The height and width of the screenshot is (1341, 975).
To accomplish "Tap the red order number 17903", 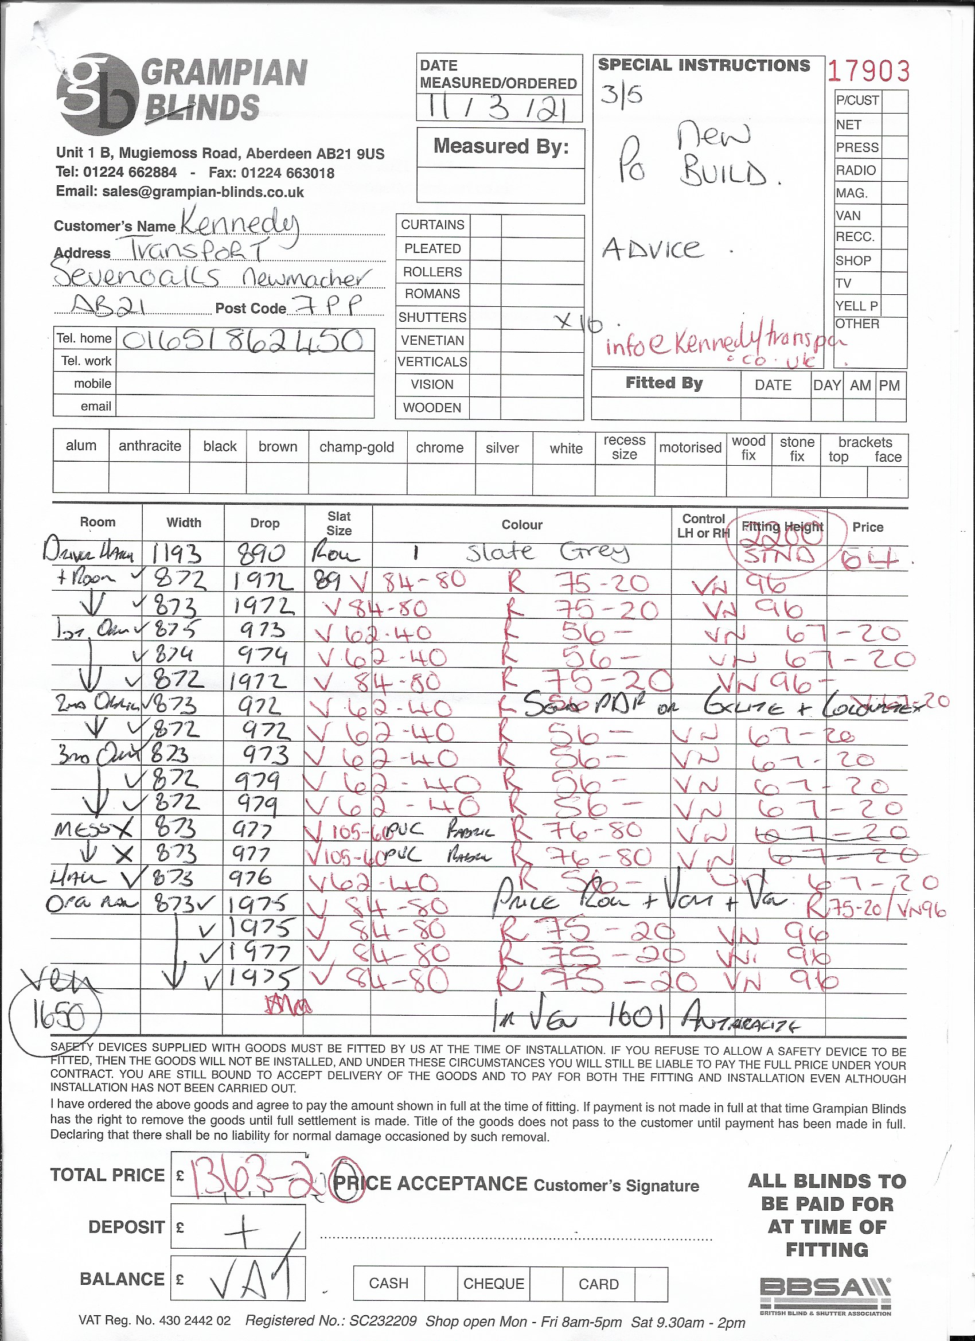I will tap(868, 72).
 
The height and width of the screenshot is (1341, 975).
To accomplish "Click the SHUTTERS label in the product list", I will tap(432, 318).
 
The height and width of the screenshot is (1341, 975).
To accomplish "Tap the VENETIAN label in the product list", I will tap(432, 341).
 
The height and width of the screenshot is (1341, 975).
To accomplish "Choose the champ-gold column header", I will tap(357, 447).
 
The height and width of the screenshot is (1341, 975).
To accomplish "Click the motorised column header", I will tap(690, 447).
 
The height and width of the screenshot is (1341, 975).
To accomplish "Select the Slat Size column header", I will tap(339, 523).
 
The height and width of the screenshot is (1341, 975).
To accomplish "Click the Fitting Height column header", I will tap(782, 526).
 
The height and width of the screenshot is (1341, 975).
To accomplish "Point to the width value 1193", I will tap(177, 554).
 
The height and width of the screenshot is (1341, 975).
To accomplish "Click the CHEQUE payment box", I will tap(494, 1283).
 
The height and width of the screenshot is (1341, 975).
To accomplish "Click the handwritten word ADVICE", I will tap(653, 249).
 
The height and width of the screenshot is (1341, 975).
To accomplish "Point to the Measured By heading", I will tap(501, 146).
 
